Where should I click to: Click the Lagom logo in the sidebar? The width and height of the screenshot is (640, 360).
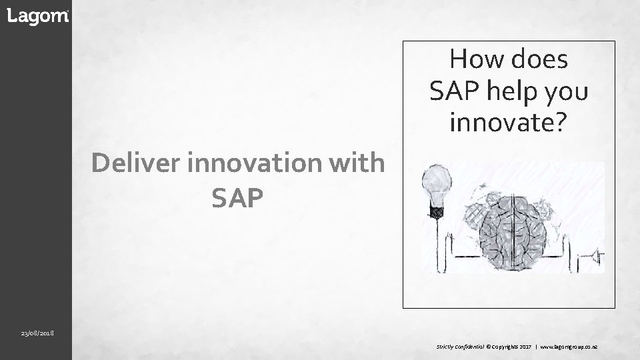(x=37, y=17)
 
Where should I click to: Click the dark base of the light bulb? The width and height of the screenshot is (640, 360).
(x=437, y=212)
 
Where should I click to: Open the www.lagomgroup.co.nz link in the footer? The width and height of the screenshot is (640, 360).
(x=568, y=347)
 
